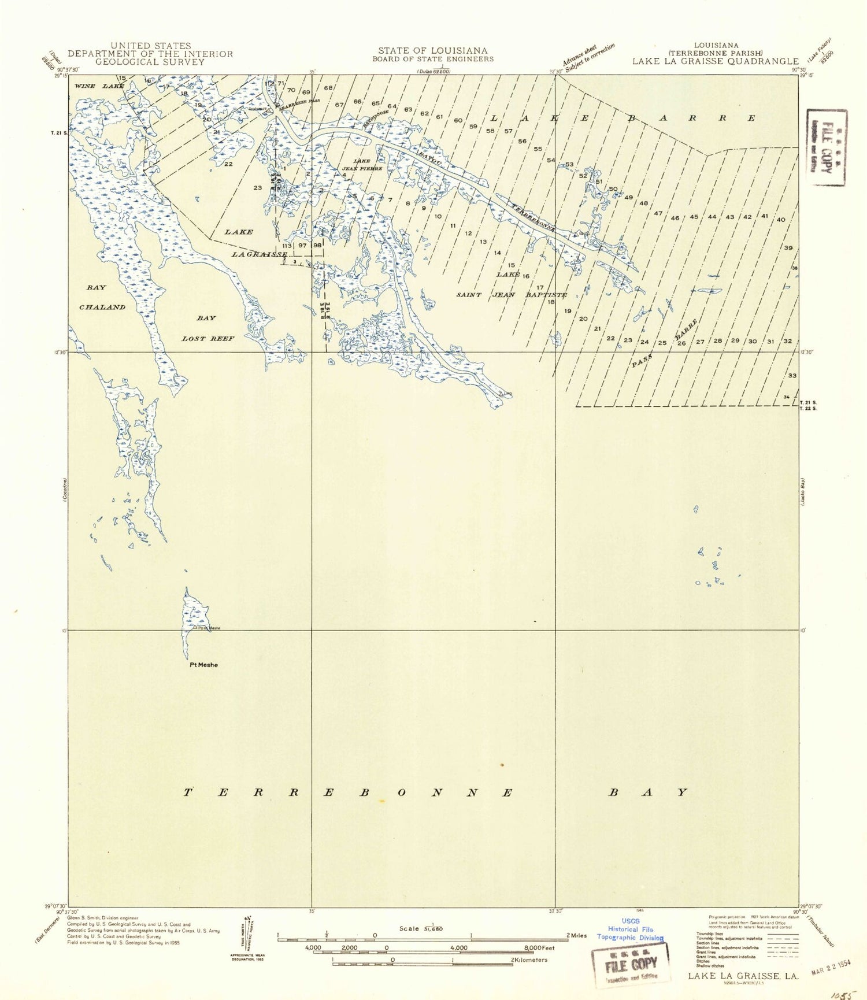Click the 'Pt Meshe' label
coord(204,665)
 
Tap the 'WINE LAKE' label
coord(99,86)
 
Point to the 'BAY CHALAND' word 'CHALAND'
coord(102,308)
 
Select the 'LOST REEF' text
coord(208,339)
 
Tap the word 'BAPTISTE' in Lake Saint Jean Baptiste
coord(546,295)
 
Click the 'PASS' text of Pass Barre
coord(642,361)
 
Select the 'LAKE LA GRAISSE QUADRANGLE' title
coord(715,61)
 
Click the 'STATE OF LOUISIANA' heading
coord(432,51)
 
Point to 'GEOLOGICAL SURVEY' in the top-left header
coord(150,62)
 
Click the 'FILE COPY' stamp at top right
coord(827,147)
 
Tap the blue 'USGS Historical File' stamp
coord(630,929)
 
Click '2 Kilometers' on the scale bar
coord(529,960)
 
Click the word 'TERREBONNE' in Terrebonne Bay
coord(348,792)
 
